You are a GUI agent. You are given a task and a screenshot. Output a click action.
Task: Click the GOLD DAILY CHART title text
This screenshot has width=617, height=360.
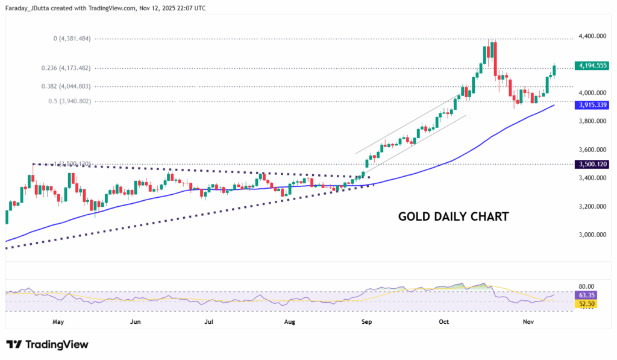[454, 216]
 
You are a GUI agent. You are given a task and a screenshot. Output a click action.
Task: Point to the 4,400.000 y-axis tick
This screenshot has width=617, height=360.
[591, 36]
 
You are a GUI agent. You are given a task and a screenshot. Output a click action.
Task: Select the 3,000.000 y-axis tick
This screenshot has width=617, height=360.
[591, 235]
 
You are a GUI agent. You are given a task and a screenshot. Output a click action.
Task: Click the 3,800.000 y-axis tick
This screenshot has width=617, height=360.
[591, 121]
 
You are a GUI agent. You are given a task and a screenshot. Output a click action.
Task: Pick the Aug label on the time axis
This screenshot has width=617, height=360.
[289, 322]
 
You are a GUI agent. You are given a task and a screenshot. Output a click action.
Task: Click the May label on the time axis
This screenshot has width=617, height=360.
[58, 322]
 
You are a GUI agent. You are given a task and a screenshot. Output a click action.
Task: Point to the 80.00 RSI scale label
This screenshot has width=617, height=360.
[586, 286]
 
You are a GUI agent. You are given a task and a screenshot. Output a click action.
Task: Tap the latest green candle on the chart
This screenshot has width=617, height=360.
[554, 70]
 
